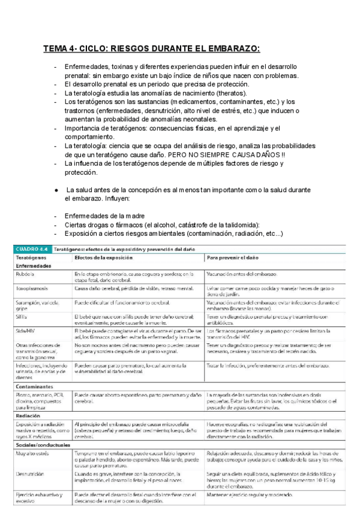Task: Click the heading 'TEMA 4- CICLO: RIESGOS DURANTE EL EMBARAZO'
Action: [x=151, y=49]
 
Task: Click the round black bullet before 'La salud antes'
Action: [x=56, y=189]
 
